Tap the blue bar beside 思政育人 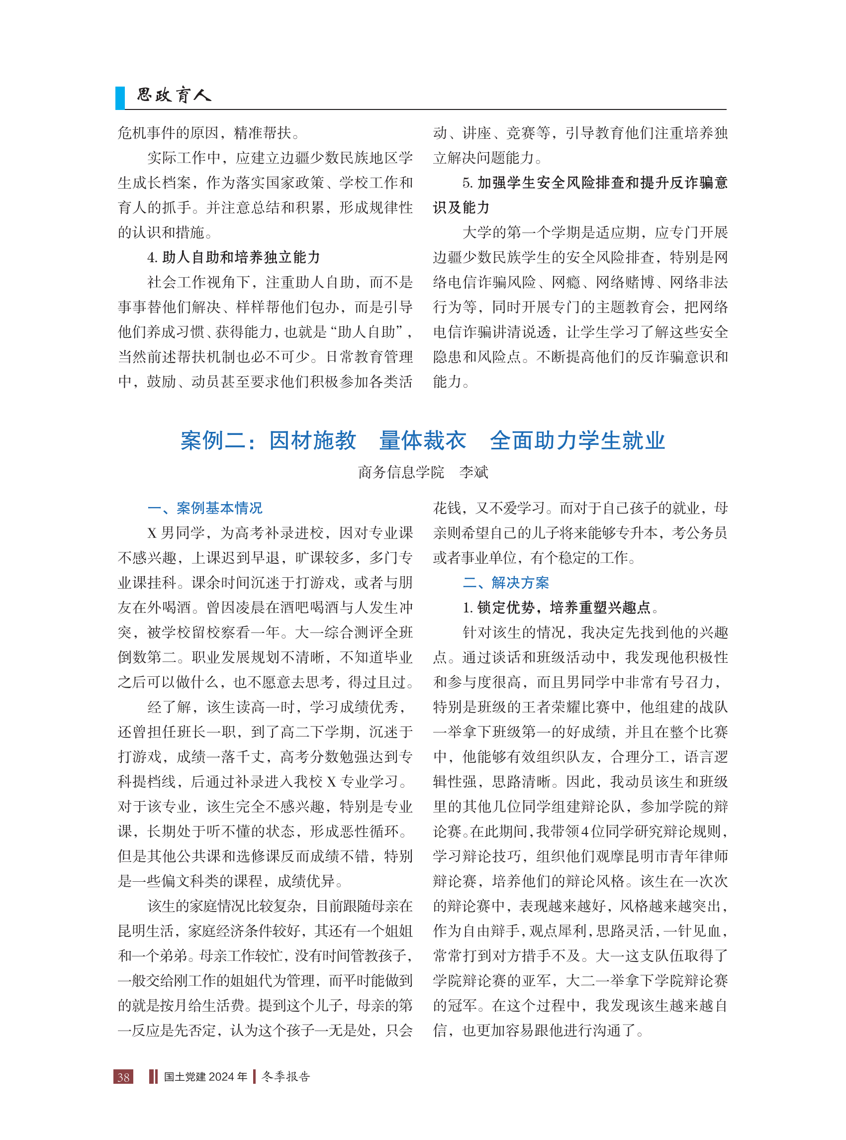(x=120, y=98)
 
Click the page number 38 (x=123, y=1076)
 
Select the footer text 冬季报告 (x=286, y=1076)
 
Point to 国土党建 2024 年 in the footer (x=205, y=1076)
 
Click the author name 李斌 (x=473, y=472)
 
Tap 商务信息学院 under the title (x=401, y=472)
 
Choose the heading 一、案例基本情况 (x=205, y=508)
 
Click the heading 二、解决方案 (x=505, y=583)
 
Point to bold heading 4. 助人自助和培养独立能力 (x=234, y=257)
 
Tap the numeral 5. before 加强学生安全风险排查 (x=467, y=183)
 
